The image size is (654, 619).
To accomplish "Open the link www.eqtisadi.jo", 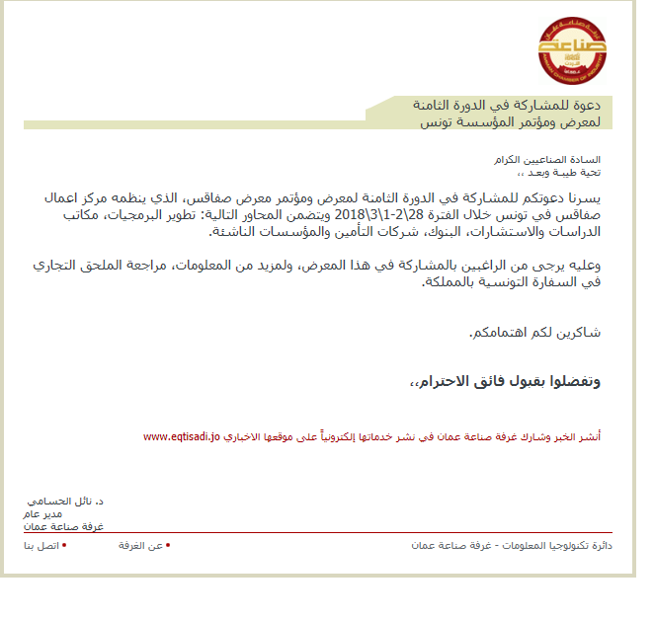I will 181,435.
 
